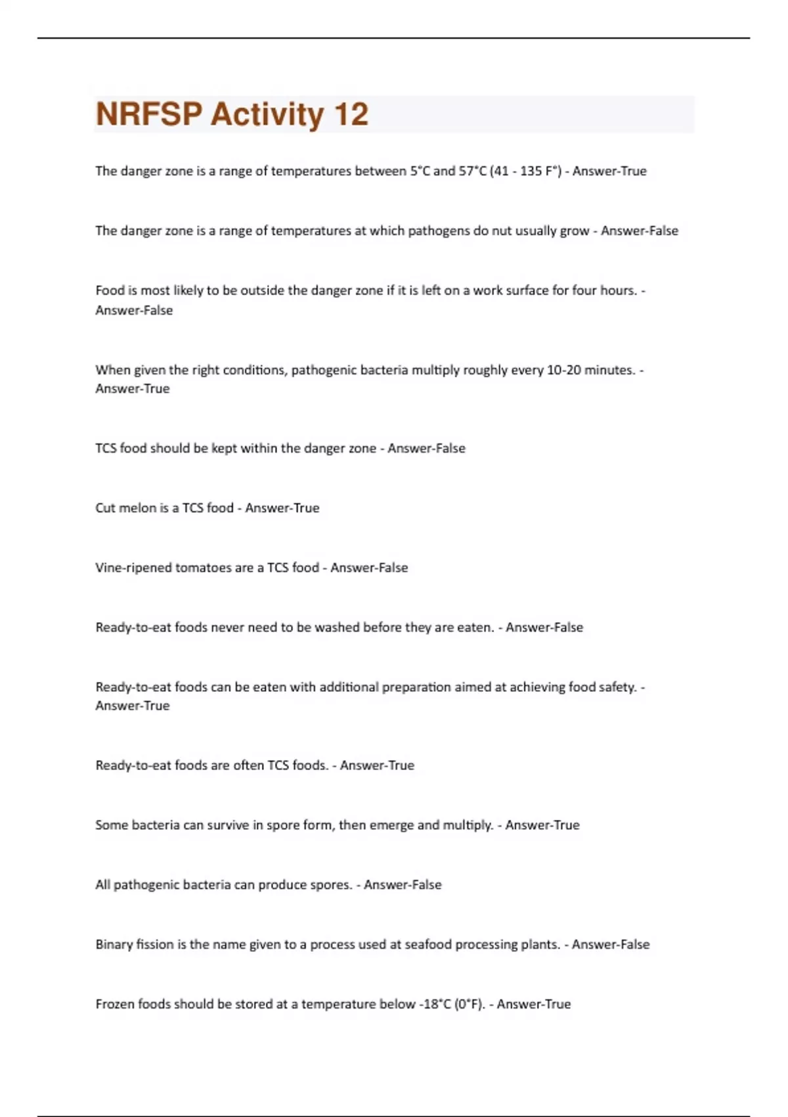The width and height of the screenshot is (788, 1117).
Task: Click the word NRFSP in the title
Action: (149, 114)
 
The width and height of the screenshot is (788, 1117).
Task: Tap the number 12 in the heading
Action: (351, 114)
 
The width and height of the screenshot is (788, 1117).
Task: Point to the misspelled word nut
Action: (504, 231)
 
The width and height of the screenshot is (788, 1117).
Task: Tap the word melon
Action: (138, 508)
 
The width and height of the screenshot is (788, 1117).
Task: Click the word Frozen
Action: (115, 1004)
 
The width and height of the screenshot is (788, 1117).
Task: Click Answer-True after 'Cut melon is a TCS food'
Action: (282, 508)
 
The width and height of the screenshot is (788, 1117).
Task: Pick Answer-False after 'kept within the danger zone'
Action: (426, 448)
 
